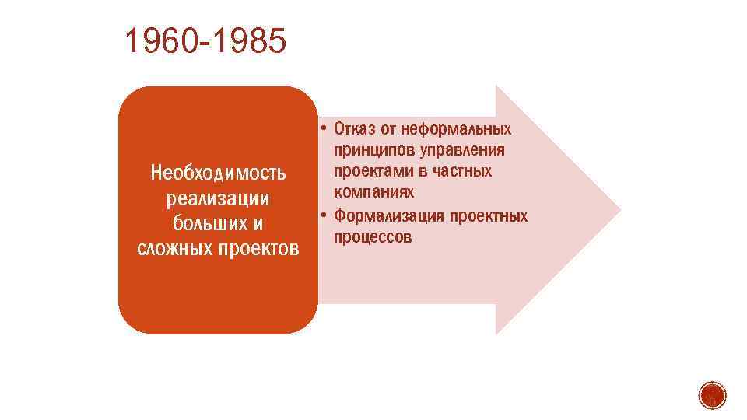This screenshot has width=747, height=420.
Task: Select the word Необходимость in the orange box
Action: tap(219, 171)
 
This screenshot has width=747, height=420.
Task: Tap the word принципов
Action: tap(371, 149)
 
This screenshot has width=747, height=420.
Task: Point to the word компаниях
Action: tap(373, 191)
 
